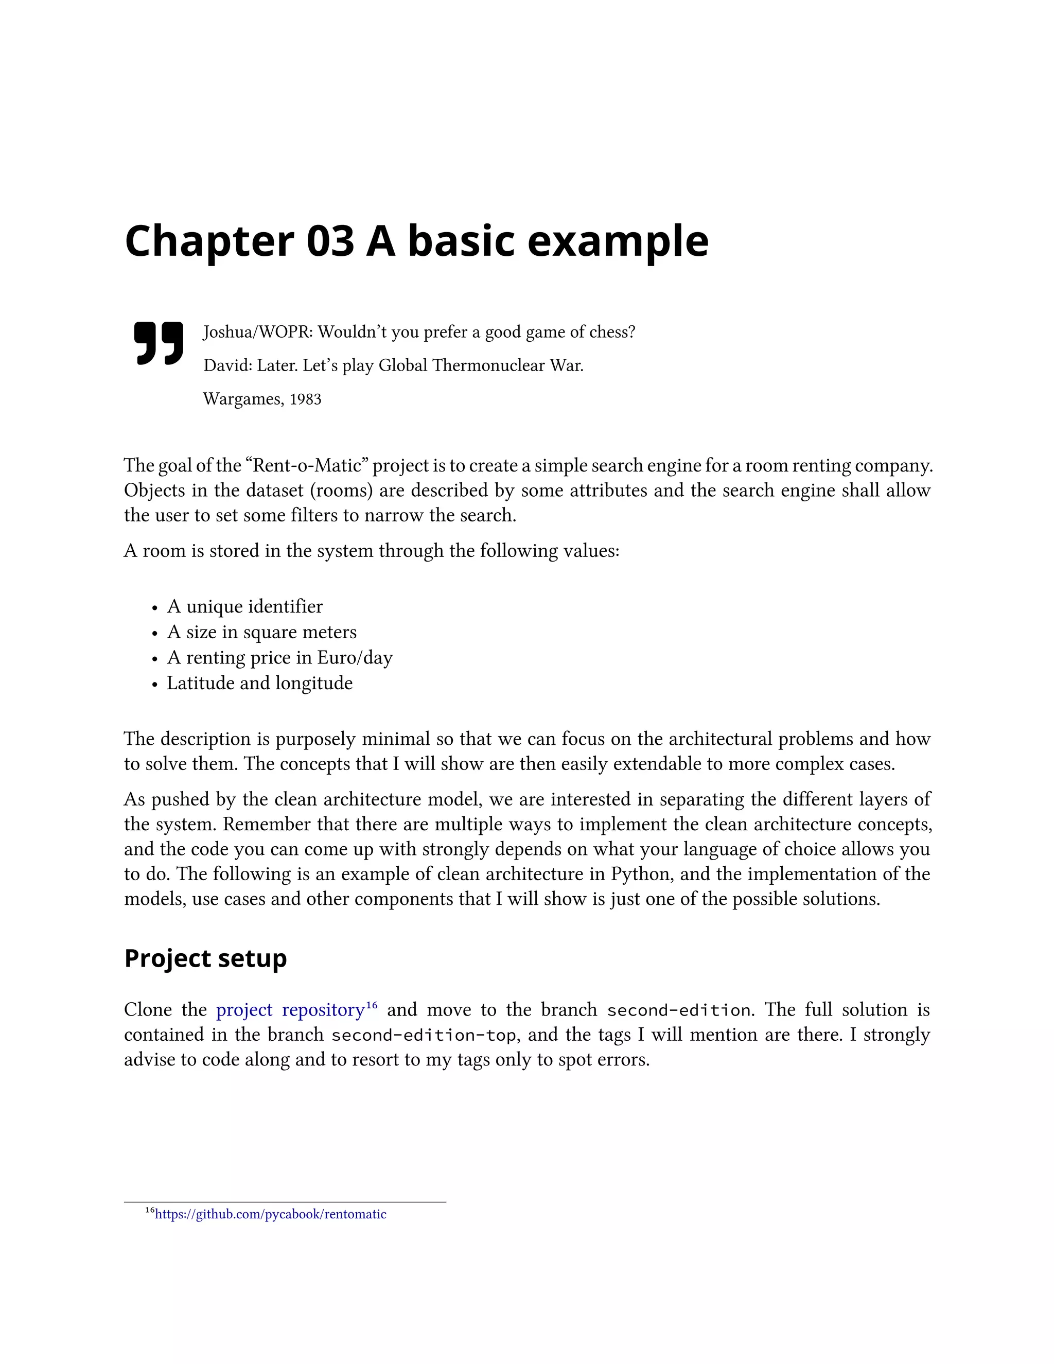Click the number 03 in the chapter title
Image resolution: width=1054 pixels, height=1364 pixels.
tap(330, 242)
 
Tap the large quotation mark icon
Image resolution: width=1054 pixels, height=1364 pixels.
tap(159, 343)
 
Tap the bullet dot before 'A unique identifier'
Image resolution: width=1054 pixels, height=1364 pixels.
tap(155, 608)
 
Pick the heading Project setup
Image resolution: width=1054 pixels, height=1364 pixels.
tap(205, 958)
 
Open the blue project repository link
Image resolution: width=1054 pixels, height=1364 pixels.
tap(290, 1010)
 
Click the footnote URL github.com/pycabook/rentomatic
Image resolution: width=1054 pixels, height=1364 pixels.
tap(270, 1214)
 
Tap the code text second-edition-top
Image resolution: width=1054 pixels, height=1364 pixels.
tap(424, 1036)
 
